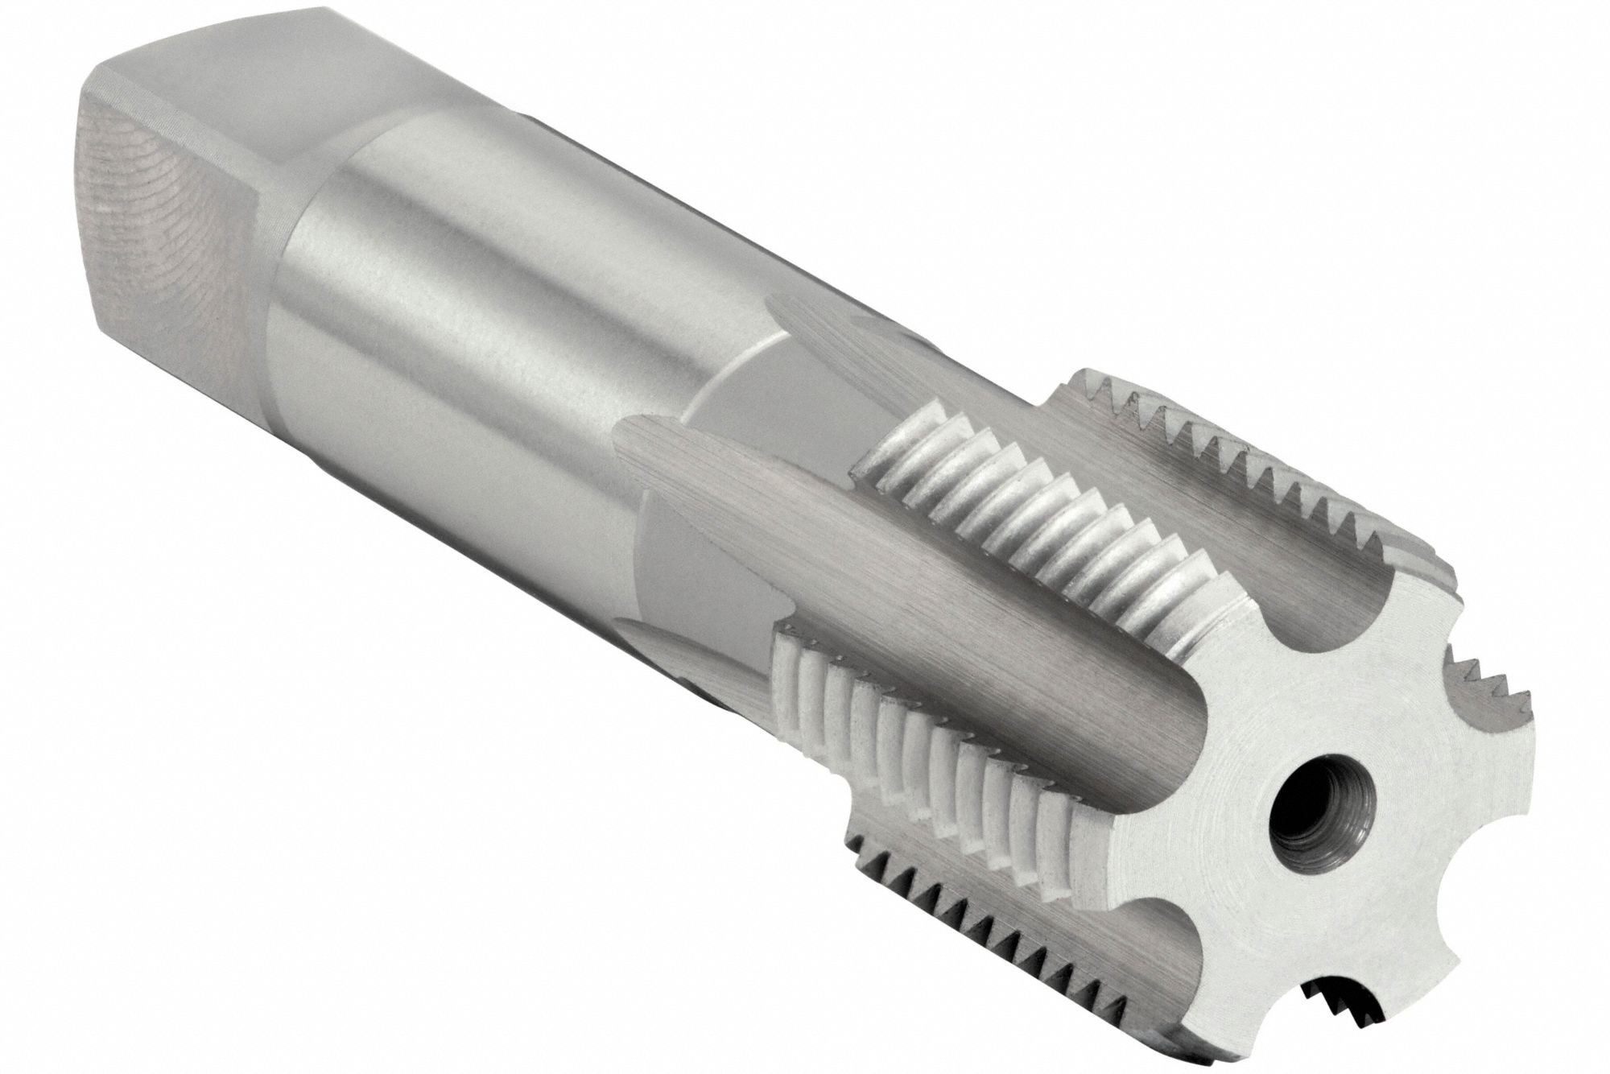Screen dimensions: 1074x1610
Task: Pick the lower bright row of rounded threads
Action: click(926, 725)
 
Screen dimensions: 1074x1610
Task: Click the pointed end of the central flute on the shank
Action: click(636, 435)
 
